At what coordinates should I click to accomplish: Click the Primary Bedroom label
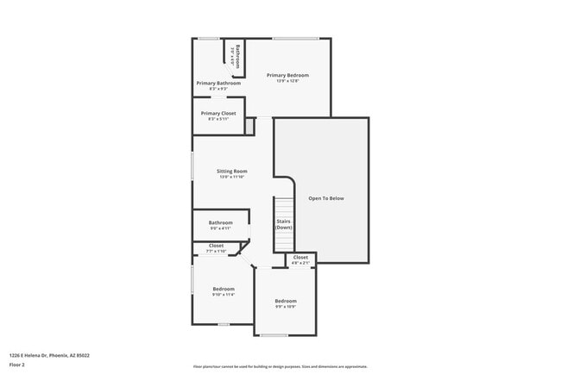287,75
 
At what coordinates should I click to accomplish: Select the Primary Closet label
217,113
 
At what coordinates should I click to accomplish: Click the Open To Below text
326,198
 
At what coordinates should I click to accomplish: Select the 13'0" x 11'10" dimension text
232,177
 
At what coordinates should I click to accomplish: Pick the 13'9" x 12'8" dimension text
287,81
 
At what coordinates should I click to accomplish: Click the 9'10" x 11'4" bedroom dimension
223,295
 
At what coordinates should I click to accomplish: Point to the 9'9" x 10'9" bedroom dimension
286,307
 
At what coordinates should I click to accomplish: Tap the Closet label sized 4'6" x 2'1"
300,258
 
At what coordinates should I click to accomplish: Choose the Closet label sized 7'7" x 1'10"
216,246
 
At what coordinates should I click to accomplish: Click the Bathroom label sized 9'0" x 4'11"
221,222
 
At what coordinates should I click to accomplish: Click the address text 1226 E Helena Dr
49,355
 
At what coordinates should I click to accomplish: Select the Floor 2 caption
17,365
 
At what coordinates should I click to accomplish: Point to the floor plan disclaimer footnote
280,366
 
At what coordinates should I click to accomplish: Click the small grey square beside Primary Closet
249,127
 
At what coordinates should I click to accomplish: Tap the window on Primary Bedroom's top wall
295,38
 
